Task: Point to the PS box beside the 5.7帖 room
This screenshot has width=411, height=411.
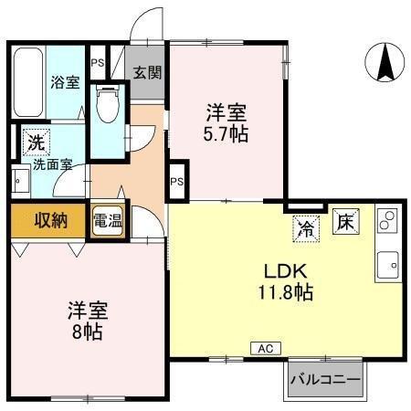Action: (177, 181)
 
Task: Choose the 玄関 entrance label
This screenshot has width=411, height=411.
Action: (146, 72)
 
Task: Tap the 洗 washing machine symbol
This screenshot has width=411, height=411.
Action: (34, 142)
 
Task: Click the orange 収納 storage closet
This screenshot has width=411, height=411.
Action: (49, 220)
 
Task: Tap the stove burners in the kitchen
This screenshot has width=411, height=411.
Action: (387, 220)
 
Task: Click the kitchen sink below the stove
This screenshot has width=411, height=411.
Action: (386, 264)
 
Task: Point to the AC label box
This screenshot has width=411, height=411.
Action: (265, 348)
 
